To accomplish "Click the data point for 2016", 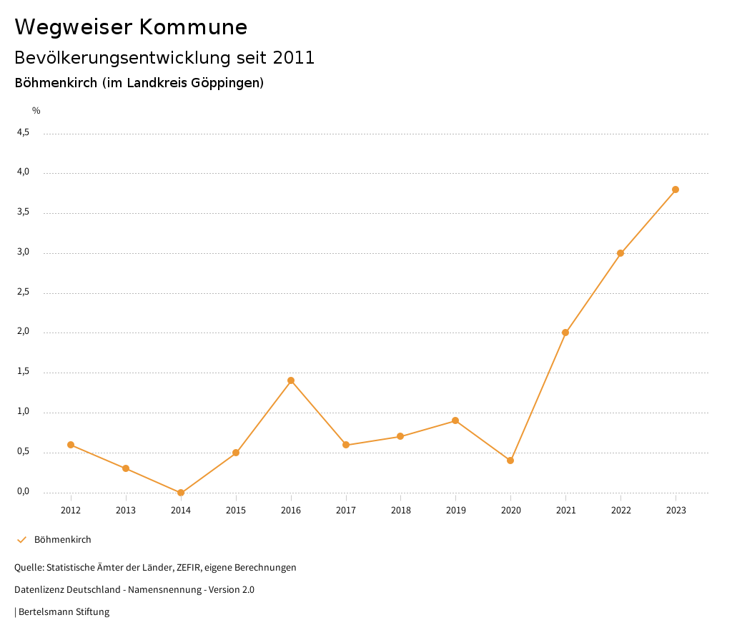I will [291, 380].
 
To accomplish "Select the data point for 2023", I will [676, 189].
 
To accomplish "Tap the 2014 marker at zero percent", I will [181, 493].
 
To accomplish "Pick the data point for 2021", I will [565, 333].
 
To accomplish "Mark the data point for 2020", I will [510, 461].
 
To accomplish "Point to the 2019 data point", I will [455, 420].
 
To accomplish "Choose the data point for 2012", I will [71, 445].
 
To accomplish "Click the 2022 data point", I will [620, 253].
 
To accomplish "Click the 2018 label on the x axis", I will [401, 510].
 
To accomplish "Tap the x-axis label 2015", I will [236, 510].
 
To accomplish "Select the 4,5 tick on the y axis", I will [24, 132].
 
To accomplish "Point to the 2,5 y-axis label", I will [24, 292].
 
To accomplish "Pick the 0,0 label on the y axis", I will [24, 491].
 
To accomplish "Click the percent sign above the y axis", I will [36, 111].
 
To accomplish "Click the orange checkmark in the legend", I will [21, 540].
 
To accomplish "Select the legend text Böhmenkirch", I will [63, 540].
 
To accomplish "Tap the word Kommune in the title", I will [193, 27].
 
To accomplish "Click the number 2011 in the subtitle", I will [294, 58].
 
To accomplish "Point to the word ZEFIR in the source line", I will [189, 568].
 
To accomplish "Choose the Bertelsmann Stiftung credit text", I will [64, 612].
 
